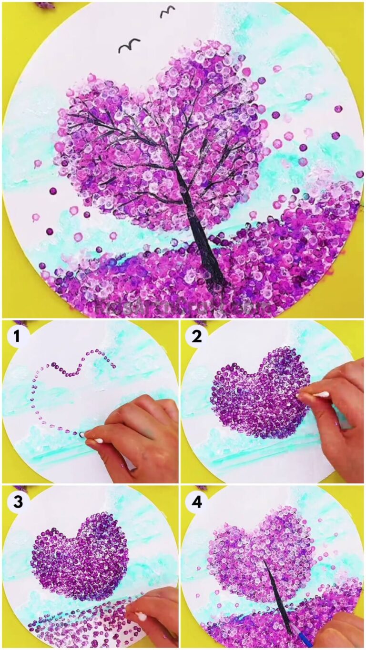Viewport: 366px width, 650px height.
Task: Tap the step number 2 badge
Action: tap(196, 337)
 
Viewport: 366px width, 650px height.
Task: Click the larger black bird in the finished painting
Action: tap(129, 46)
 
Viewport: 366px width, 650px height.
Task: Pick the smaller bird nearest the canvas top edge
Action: tap(167, 11)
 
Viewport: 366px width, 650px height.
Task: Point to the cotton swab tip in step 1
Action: tap(82, 435)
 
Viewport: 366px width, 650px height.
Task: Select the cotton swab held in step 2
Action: tap(315, 395)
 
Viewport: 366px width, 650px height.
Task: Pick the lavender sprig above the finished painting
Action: tap(45, 5)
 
